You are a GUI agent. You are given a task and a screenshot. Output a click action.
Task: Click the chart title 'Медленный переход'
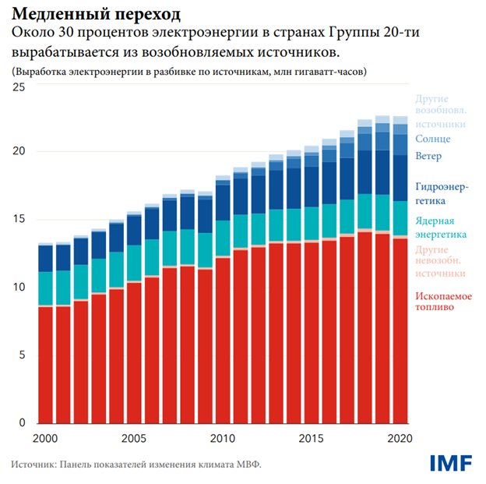pyautogui.click(x=95, y=14)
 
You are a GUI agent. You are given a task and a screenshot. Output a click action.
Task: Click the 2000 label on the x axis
pyautogui.click(x=45, y=438)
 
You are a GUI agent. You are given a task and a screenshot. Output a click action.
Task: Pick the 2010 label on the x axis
pyautogui.click(x=223, y=438)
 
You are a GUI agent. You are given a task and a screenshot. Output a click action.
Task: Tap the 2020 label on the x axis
pyautogui.click(x=400, y=438)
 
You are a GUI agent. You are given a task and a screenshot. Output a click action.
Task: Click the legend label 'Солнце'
pyautogui.click(x=433, y=139)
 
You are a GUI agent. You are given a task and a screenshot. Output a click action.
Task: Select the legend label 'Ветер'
pyautogui.click(x=429, y=157)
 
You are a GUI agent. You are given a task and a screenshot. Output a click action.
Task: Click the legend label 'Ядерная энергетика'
pyautogui.click(x=441, y=228)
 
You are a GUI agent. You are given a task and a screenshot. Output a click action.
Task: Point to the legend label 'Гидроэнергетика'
pyautogui.click(x=442, y=193)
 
